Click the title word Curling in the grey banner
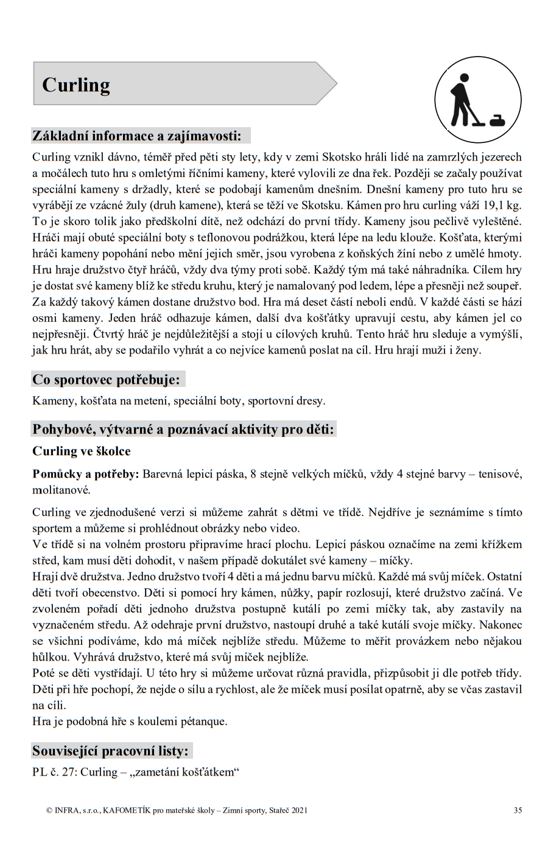(x=76, y=85)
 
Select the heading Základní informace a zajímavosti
(x=136, y=136)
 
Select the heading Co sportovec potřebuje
(x=106, y=380)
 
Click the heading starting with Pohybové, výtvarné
(x=183, y=429)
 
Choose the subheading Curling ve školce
(x=81, y=451)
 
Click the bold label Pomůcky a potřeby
(x=85, y=475)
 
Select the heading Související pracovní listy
(x=110, y=751)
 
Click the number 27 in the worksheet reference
(x=68, y=773)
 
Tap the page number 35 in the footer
(x=518, y=810)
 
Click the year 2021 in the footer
(x=299, y=810)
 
